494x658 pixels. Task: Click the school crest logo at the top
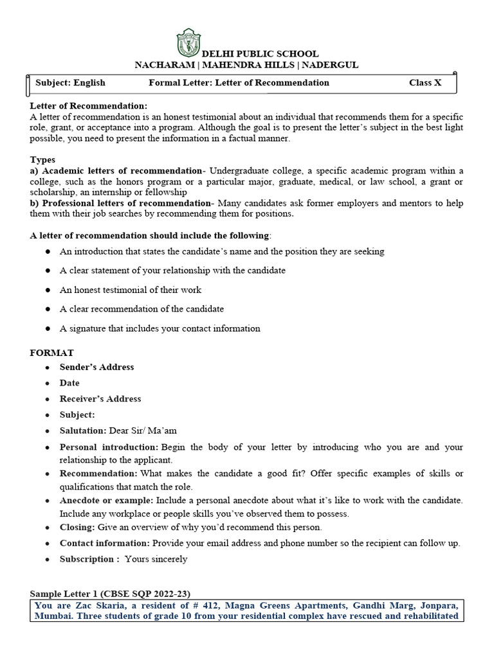pyautogui.click(x=188, y=42)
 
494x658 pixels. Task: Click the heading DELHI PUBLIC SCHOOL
pyautogui.click(x=260, y=54)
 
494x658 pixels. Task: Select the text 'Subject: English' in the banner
pyautogui.click(x=71, y=83)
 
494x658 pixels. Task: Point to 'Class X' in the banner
pyautogui.click(x=425, y=83)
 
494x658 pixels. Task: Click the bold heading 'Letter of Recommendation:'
pyautogui.click(x=89, y=105)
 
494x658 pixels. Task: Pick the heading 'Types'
pyautogui.click(x=42, y=159)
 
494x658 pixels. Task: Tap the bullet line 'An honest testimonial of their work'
pyautogui.click(x=131, y=290)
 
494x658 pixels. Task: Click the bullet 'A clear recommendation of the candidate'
pyautogui.click(x=142, y=309)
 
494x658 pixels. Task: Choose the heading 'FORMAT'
pyautogui.click(x=52, y=353)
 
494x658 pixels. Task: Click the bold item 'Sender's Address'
pyautogui.click(x=97, y=367)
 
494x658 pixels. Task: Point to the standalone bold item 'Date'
pyautogui.click(x=69, y=383)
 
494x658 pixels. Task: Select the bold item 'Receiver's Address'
pyautogui.click(x=100, y=399)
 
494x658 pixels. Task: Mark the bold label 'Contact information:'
pyautogui.click(x=105, y=543)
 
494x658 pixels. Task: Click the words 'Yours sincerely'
pyautogui.click(x=156, y=559)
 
